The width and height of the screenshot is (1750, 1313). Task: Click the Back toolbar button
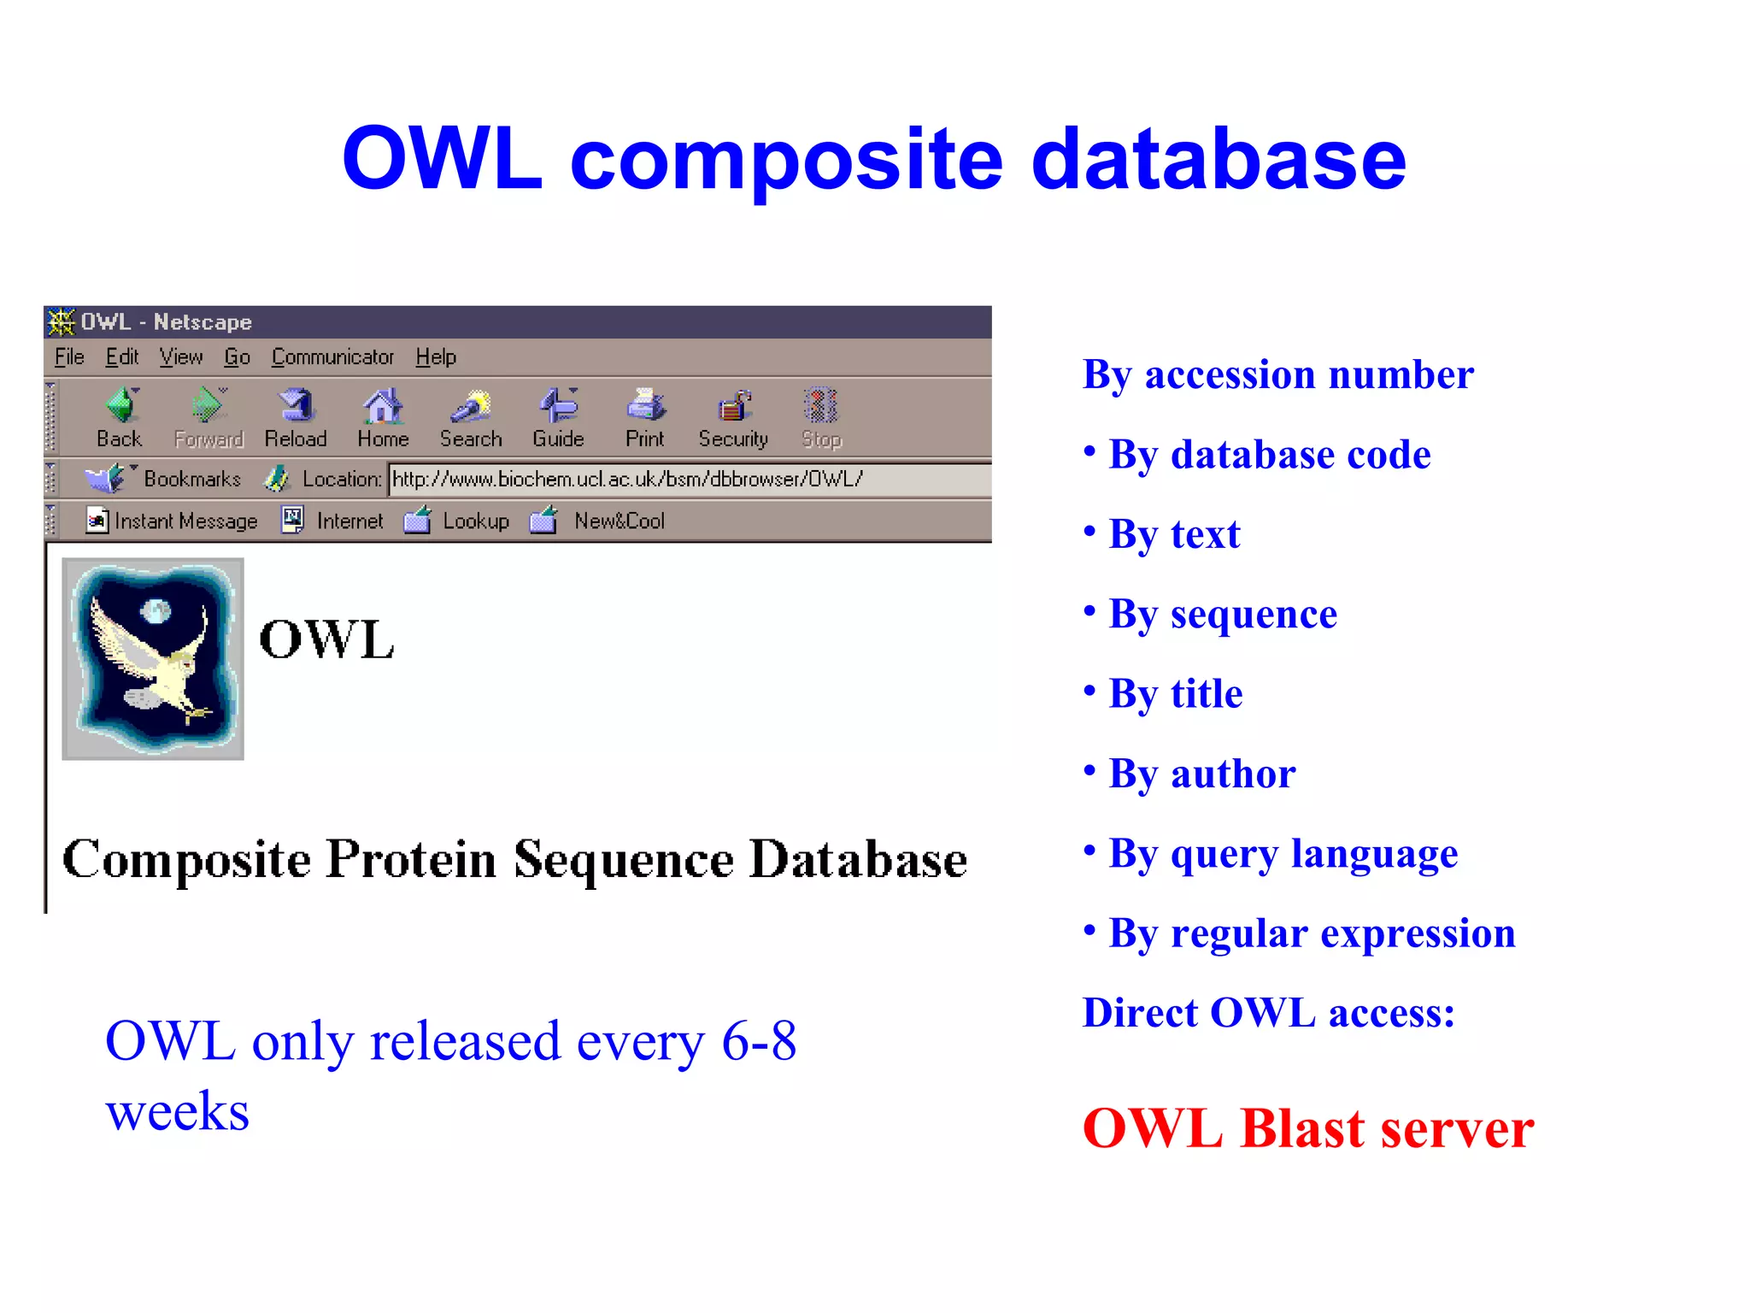[x=120, y=417]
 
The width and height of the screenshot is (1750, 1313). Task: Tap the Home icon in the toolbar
[x=383, y=417]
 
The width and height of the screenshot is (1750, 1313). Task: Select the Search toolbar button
[x=471, y=417]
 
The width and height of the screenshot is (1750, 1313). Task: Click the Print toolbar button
[x=645, y=417]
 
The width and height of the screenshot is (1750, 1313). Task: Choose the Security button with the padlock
[x=733, y=417]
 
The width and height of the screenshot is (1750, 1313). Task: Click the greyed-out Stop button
[x=821, y=417]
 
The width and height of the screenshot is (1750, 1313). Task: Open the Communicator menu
[x=332, y=357]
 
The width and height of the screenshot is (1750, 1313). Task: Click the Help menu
[x=436, y=357]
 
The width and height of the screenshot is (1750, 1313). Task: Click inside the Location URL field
[x=684, y=480]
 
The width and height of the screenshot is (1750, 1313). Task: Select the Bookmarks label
[x=191, y=480]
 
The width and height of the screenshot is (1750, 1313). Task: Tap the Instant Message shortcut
[x=173, y=521]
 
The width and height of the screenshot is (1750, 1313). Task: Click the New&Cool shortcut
[x=618, y=521]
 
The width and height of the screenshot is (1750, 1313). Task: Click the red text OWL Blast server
[x=1307, y=1128]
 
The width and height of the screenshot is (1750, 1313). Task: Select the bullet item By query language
[x=1283, y=854]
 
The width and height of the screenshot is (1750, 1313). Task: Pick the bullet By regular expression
[x=1312, y=933]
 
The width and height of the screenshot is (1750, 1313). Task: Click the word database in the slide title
[x=1219, y=159]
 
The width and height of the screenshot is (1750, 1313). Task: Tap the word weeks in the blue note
[x=178, y=1112]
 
